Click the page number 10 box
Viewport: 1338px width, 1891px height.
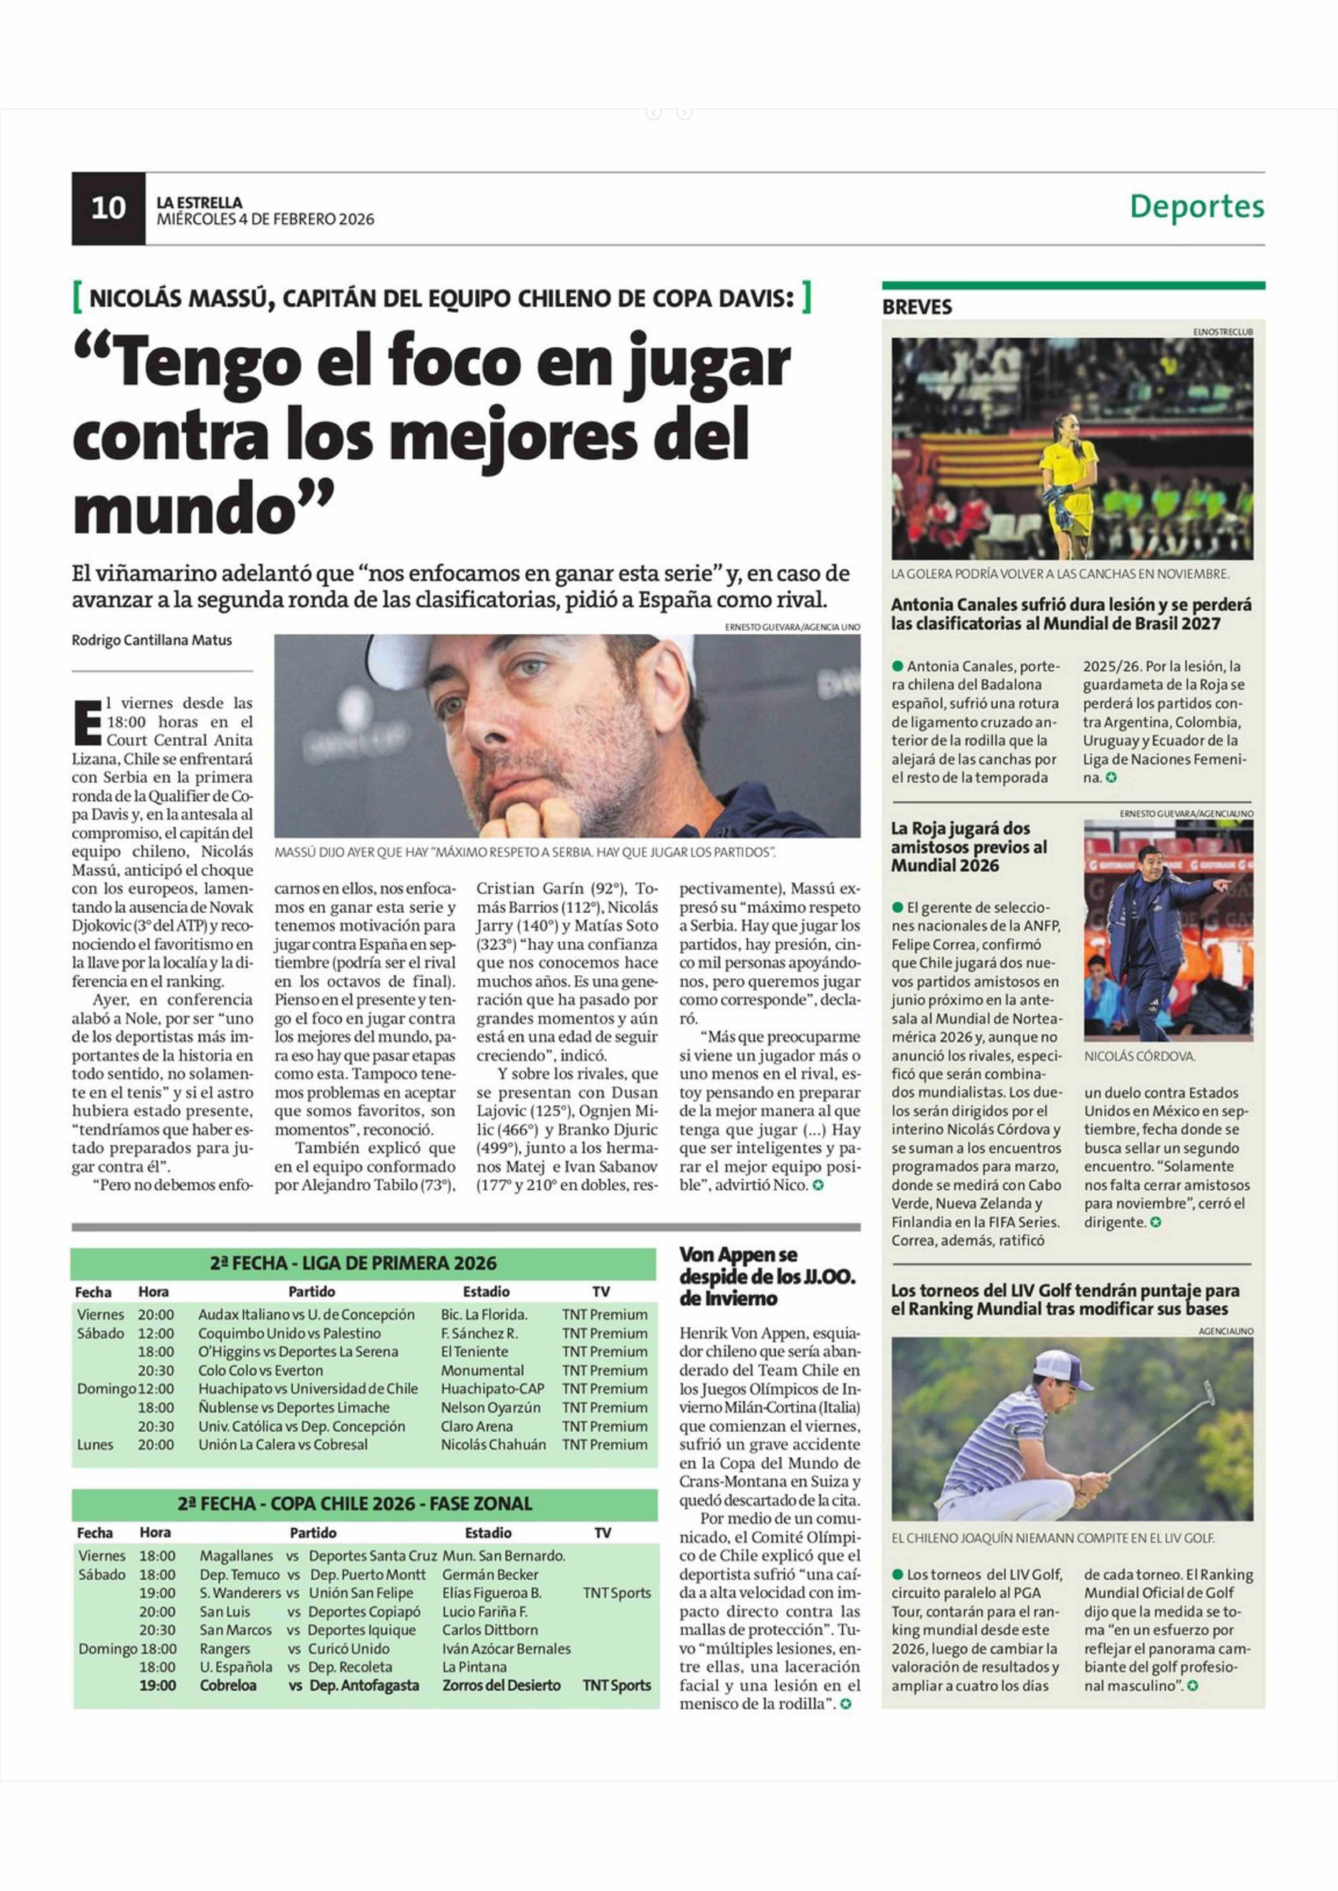click(108, 208)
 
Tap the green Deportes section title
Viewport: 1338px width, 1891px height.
click(1196, 206)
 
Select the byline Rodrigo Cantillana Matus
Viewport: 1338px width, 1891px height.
click(152, 640)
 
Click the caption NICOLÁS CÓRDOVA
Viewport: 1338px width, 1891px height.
click(1139, 1055)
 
